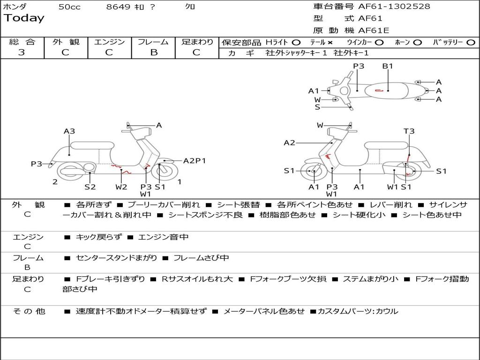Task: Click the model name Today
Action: tap(24, 18)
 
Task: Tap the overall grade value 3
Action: tap(22, 52)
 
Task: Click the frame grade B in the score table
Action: tap(153, 52)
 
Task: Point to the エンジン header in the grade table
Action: tap(109, 42)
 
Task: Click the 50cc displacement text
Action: tap(69, 7)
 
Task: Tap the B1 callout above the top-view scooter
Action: tap(387, 66)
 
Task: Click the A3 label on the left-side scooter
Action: tap(69, 131)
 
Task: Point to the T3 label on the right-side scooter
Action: tap(409, 131)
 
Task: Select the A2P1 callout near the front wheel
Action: tap(195, 161)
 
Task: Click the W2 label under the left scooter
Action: tap(121, 187)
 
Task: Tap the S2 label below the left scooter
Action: tap(90, 187)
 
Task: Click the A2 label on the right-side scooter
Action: tap(289, 142)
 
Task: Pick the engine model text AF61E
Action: tap(374, 30)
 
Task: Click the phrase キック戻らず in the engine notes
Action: tap(98, 237)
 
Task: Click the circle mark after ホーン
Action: tap(418, 42)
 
